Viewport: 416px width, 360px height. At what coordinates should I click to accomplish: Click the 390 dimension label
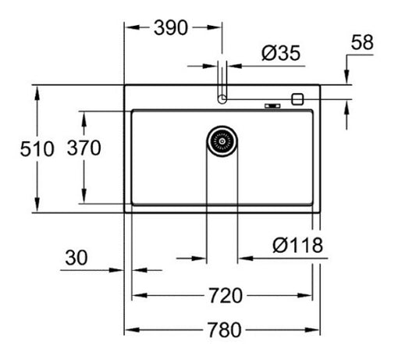(x=171, y=28)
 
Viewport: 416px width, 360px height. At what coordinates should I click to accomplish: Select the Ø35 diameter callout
(x=281, y=53)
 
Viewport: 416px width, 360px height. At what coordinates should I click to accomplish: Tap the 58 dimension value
(x=362, y=42)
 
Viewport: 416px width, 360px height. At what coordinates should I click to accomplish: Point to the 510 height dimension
(x=37, y=148)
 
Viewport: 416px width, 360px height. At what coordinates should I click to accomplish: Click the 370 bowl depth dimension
(x=84, y=148)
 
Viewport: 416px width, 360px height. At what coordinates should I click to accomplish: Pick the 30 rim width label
(x=76, y=258)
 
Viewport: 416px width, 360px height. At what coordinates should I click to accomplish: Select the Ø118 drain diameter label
(x=297, y=245)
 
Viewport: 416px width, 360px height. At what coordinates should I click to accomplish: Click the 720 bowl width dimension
(x=226, y=295)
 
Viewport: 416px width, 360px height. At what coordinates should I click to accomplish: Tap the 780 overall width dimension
(x=225, y=330)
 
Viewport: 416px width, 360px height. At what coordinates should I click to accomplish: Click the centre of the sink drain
(x=222, y=141)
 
